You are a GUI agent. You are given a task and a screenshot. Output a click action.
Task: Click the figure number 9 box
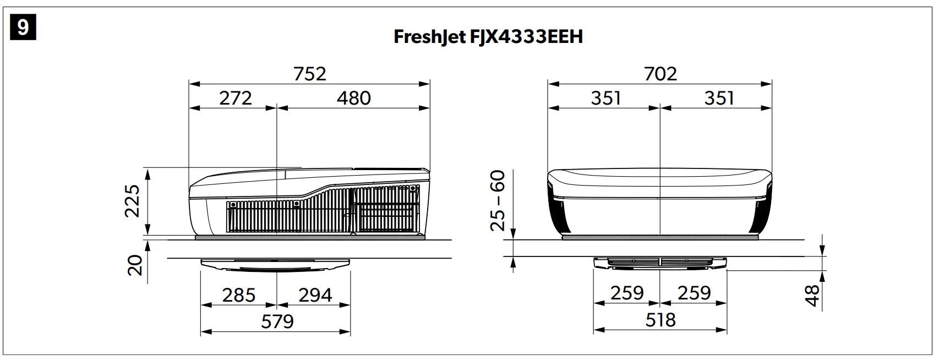[x=23, y=27]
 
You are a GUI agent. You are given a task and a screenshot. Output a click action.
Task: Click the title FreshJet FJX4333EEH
[x=488, y=37]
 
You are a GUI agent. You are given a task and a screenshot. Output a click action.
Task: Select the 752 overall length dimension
[x=310, y=74]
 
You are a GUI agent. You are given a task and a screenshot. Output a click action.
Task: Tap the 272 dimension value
[x=236, y=99]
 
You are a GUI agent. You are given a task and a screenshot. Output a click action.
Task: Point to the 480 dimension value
[x=354, y=99]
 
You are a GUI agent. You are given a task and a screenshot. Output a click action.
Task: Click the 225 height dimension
[x=133, y=201]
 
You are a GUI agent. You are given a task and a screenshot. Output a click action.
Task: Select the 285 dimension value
[x=239, y=296]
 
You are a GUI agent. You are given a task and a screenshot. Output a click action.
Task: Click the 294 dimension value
[x=315, y=296]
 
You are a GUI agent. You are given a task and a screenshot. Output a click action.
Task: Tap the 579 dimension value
[x=277, y=321]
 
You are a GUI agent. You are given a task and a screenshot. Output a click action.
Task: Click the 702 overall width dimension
[x=660, y=74]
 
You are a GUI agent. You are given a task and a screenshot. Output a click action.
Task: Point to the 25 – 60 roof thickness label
[x=498, y=201]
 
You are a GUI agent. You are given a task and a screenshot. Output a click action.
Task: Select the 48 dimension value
[x=812, y=295]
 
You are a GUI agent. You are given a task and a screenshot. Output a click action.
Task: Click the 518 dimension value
[x=660, y=320]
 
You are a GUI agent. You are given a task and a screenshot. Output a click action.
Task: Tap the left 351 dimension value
[x=606, y=99]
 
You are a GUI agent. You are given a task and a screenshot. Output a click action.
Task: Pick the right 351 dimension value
[x=719, y=99]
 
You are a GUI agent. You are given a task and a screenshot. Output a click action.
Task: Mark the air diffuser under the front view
[x=660, y=263]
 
